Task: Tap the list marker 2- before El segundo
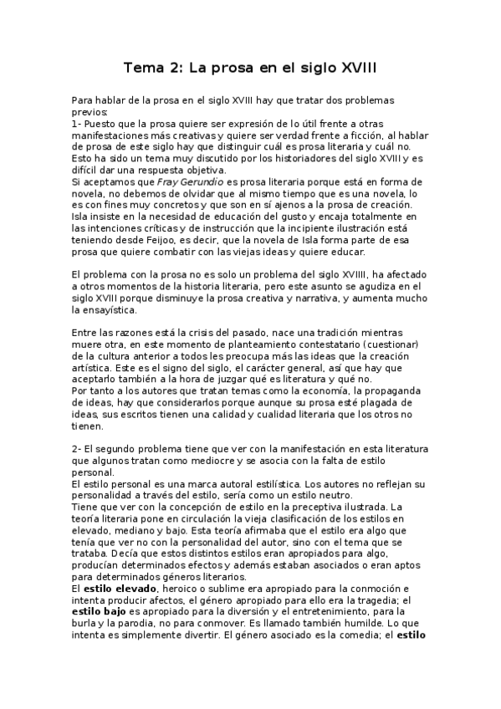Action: (x=77, y=449)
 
